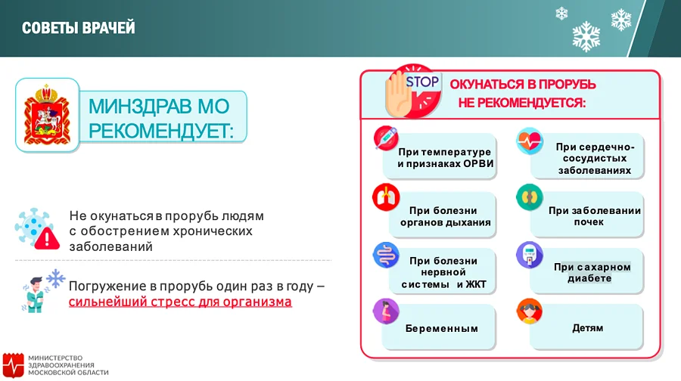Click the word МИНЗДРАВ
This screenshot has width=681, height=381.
point(145,105)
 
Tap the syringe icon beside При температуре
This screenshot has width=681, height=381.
point(386,139)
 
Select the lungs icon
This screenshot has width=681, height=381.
point(386,197)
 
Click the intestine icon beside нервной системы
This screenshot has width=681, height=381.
point(386,256)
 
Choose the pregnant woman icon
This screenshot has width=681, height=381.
point(386,312)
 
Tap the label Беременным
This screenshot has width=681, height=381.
point(441,329)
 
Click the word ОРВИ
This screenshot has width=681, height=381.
point(477,165)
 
